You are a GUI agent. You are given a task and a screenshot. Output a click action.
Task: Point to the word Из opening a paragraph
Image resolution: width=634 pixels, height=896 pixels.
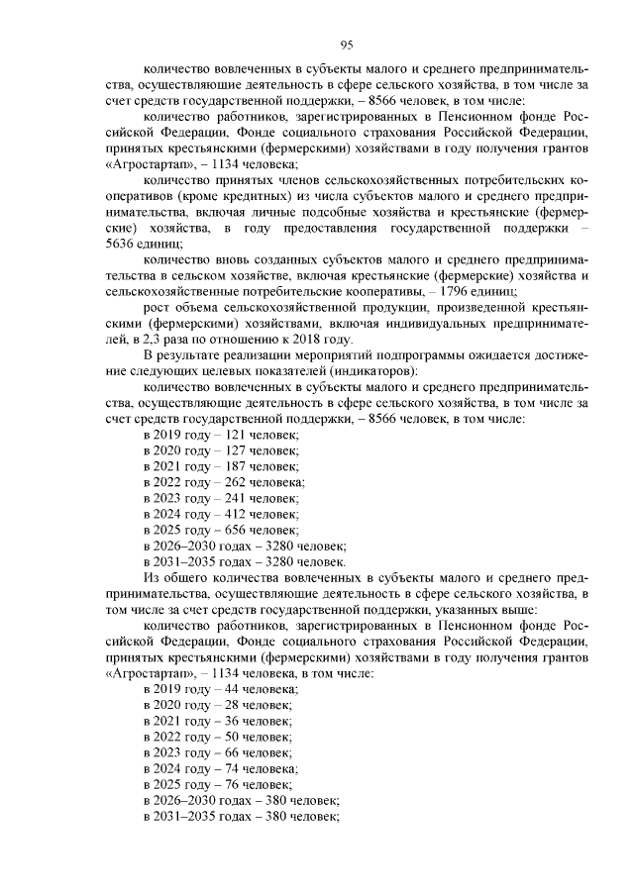152,577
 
